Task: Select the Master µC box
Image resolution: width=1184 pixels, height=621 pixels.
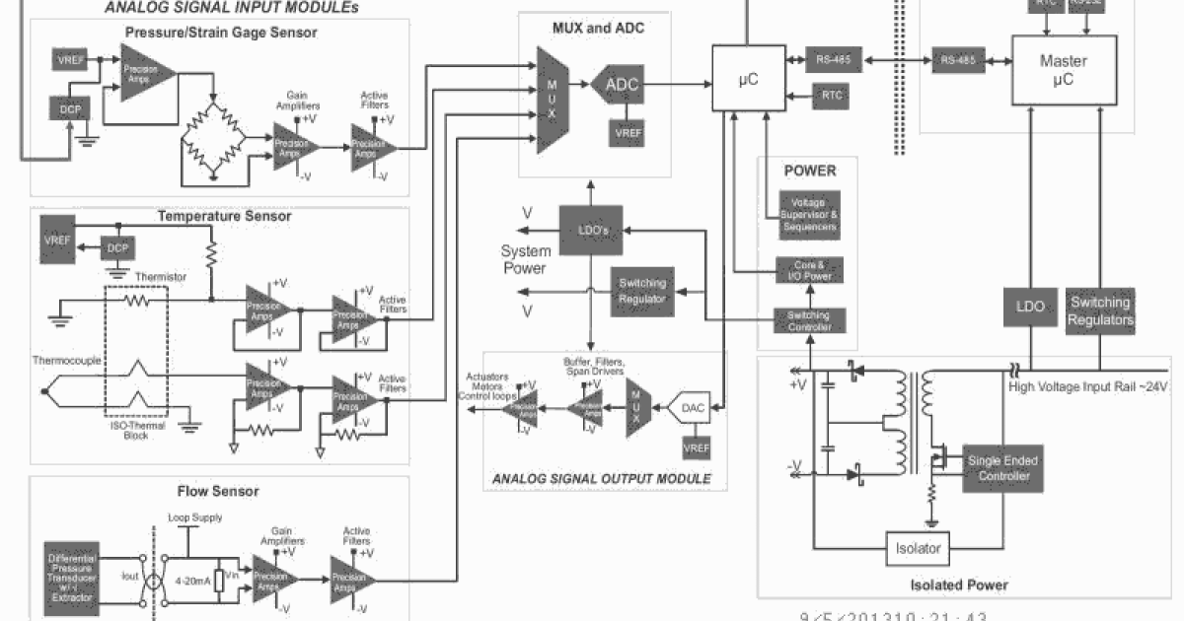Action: point(1064,70)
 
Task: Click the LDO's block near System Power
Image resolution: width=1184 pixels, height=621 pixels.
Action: point(589,230)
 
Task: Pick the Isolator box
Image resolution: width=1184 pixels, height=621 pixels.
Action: point(917,548)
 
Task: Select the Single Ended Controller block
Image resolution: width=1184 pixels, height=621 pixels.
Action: point(1002,468)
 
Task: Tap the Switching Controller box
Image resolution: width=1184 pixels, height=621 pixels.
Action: point(809,320)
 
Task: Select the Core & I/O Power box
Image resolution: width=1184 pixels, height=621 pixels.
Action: point(809,271)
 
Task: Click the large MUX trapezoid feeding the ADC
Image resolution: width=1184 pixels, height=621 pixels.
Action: point(554,100)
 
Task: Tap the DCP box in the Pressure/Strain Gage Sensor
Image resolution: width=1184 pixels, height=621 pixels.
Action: point(69,108)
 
